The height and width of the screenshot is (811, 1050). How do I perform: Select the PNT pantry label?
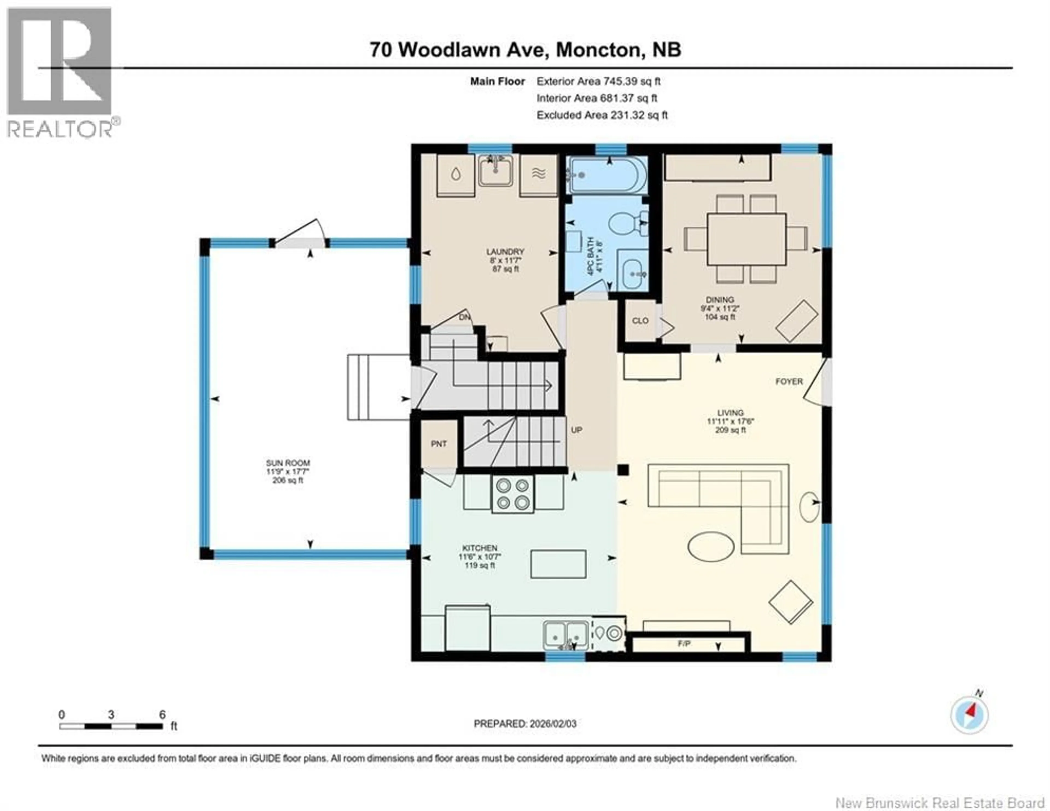click(x=439, y=444)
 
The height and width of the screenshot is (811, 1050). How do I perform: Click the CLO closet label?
click(x=640, y=321)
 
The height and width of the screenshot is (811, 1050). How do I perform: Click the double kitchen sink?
click(x=566, y=635)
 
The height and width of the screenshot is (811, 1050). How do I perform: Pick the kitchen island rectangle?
click(x=558, y=564)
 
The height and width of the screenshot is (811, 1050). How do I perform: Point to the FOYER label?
click(x=789, y=381)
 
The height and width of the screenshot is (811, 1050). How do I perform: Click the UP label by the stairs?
click(x=576, y=430)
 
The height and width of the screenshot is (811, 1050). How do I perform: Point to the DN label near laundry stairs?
click(x=464, y=317)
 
